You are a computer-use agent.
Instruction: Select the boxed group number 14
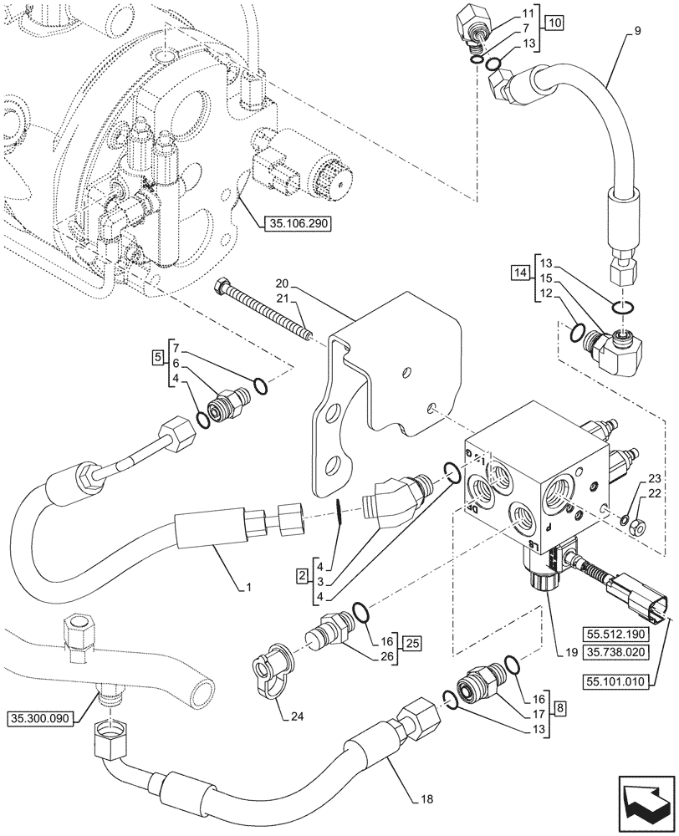(x=522, y=273)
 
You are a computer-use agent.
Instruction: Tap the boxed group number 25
(x=411, y=644)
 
